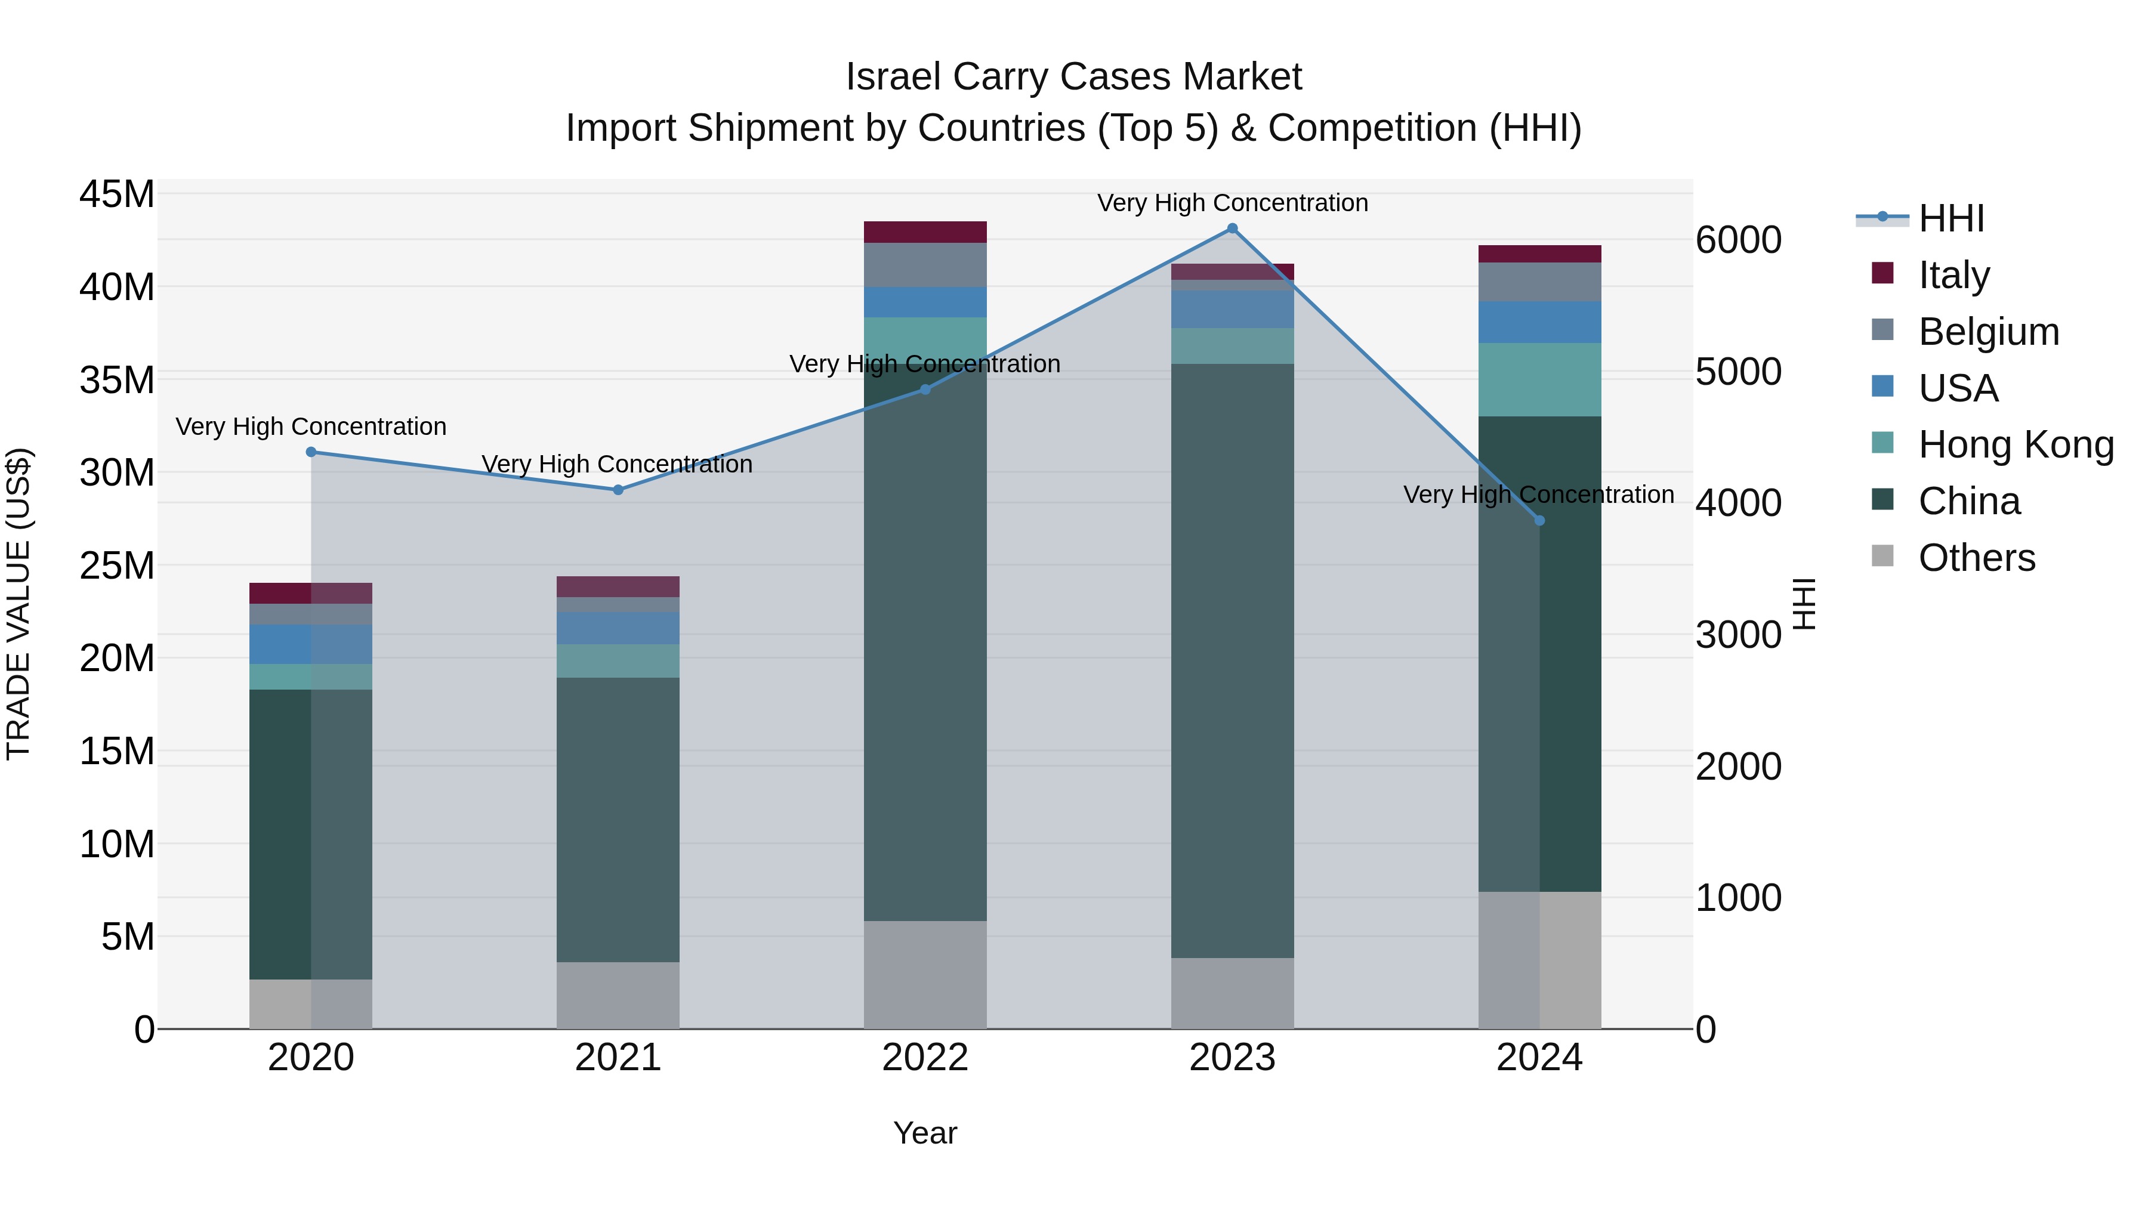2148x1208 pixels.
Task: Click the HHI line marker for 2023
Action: click(1232, 228)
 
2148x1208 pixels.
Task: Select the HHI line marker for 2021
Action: click(618, 490)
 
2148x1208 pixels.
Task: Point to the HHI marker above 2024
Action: click(1539, 521)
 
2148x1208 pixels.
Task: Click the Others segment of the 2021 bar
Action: click(618, 996)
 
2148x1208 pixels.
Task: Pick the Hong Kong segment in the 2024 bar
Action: click(1539, 379)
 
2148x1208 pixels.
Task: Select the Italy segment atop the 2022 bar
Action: click(925, 232)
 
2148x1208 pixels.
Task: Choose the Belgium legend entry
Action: click(1988, 332)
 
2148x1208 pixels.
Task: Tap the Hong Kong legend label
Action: click(2016, 445)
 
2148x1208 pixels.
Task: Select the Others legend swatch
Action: click(1882, 556)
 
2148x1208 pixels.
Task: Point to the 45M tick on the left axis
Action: click(117, 194)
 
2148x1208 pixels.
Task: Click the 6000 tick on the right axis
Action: click(1739, 240)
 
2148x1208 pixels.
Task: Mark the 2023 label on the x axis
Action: click(1232, 1058)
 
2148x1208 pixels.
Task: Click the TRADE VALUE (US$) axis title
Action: click(18, 604)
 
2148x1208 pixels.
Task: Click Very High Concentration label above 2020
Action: click(311, 427)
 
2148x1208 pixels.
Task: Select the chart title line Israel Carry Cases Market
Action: click(1073, 77)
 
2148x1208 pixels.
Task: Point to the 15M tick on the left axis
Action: click(117, 751)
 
